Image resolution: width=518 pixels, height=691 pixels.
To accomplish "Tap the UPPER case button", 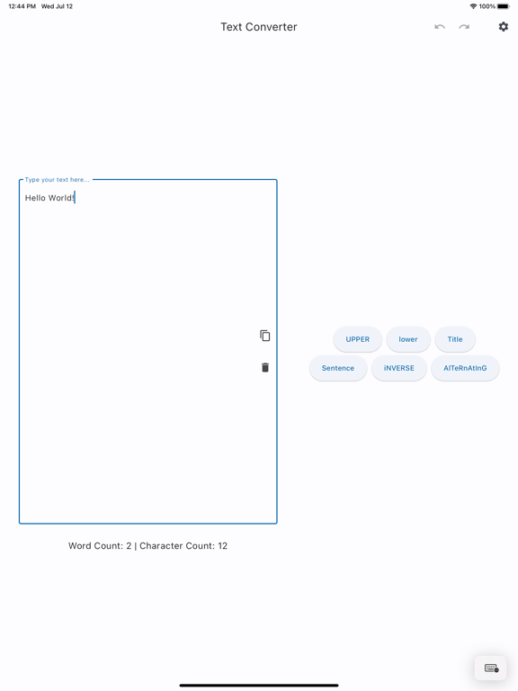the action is (x=357, y=339).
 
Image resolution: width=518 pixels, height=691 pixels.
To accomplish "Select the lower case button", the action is (x=408, y=339).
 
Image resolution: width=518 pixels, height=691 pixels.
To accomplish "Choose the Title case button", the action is (x=455, y=339).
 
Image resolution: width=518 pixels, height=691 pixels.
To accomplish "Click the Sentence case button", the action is (x=338, y=368).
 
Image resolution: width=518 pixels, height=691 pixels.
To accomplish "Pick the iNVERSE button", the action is (x=399, y=368).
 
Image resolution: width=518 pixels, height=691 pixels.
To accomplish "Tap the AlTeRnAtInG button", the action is (x=465, y=368).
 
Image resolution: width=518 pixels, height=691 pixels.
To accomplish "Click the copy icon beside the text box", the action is (x=264, y=336).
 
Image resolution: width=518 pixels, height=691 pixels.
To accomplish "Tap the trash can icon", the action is (x=265, y=367).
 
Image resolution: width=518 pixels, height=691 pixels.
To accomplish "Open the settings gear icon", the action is (x=503, y=27).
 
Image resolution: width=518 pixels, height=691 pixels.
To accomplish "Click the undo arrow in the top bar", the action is (x=440, y=27).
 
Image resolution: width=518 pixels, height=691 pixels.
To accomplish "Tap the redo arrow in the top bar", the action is (x=464, y=27).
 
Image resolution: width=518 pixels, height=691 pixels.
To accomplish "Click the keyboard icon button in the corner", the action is (x=491, y=669).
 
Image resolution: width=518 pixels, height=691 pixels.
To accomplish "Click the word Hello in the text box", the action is (x=35, y=198).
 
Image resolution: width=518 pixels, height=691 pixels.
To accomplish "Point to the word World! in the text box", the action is (x=62, y=198).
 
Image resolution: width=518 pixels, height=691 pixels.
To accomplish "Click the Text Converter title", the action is (x=259, y=27).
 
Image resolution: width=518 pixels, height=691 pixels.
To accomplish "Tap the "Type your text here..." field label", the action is (x=58, y=180).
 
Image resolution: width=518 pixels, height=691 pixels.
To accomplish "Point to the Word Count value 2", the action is (x=129, y=545).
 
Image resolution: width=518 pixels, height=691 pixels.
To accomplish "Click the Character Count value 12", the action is (x=222, y=545).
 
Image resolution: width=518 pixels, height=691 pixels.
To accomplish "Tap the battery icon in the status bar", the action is (x=504, y=6).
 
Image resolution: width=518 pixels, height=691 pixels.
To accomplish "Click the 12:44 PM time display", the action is (x=22, y=6).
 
